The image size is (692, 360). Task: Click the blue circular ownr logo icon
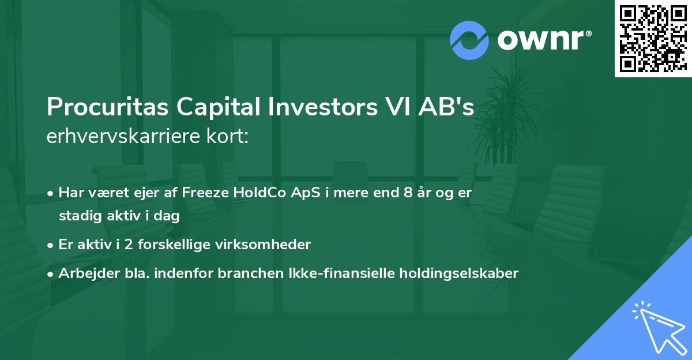(x=468, y=40)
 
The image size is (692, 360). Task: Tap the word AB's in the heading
(x=450, y=108)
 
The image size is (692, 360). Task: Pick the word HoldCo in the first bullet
(x=250, y=193)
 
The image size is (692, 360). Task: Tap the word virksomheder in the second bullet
(x=271, y=245)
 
